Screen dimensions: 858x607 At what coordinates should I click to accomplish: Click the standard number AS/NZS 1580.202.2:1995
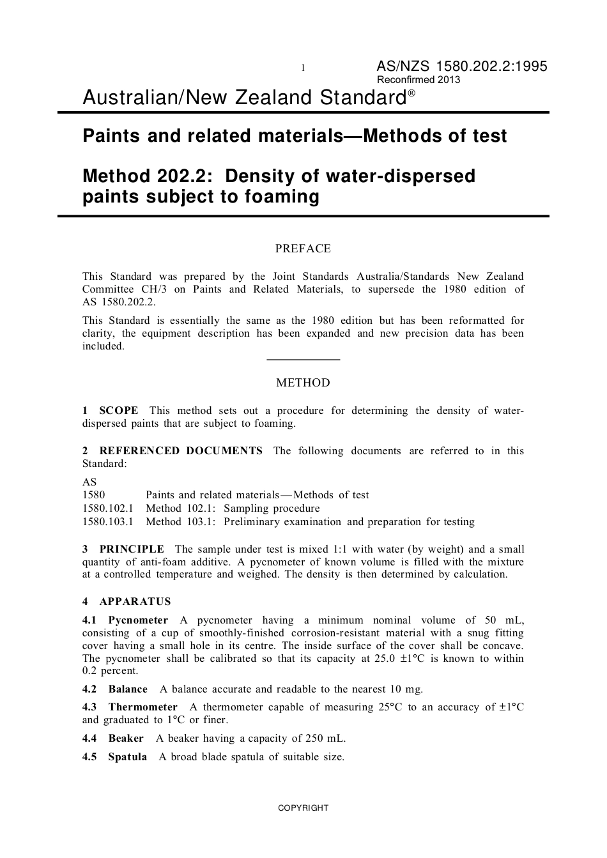coord(461,66)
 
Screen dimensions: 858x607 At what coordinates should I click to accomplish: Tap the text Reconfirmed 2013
coord(419,80)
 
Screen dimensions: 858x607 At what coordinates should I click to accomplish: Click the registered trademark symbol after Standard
coord(411,93)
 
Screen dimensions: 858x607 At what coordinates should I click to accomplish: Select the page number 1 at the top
coord(303,68)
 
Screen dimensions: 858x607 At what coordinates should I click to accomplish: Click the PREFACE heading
coord(303,249)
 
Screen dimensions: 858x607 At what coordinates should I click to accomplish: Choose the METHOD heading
coord(303,383)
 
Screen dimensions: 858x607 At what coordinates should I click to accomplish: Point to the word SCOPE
coord(119,411)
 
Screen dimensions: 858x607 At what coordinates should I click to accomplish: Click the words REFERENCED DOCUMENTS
coord(181,451)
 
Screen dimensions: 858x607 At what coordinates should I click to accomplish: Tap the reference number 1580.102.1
coord(108,509)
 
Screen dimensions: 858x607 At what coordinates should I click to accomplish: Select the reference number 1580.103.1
coord(108,522)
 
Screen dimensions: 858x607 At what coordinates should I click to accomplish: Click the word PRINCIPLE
coord(132,549)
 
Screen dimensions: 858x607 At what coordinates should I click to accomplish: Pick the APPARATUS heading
coord(135,602)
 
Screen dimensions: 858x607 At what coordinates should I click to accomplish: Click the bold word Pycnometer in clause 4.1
coord(138,620)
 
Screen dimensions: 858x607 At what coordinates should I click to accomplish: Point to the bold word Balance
coord(128,689)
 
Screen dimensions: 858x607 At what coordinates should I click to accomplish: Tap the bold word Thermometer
coord(142,707)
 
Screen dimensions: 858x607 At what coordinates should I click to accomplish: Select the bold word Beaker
coord(126,739)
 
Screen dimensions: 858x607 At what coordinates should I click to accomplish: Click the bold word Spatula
coord(127,757)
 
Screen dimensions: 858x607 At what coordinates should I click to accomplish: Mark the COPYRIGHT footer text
coord(303,808)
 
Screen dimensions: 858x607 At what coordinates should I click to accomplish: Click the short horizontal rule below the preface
coord(303,360)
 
